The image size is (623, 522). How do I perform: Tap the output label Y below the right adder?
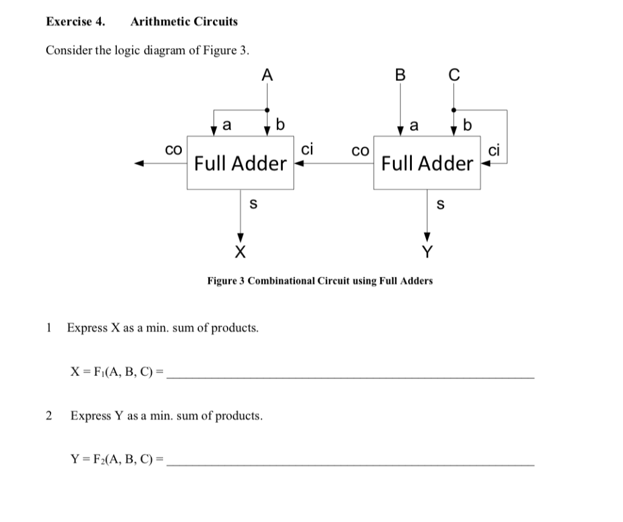tap(428, 251)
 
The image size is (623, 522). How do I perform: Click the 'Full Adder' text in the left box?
tap(240, 163)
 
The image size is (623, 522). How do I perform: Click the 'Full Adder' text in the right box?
tap(427, 163)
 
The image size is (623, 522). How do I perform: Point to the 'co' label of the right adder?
tap(361, 149)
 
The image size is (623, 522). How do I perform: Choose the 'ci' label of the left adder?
tap(307, 148)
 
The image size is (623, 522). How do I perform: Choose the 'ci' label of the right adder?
tap(494, 149)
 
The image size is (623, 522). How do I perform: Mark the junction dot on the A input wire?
tap(267, 110)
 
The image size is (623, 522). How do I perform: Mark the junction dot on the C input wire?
tap(453, 110)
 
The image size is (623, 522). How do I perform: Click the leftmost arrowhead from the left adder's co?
tap(139, 163)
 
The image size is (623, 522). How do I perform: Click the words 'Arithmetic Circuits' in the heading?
tap(184, 22)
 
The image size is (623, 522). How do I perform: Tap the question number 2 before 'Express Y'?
tap(49, 416)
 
